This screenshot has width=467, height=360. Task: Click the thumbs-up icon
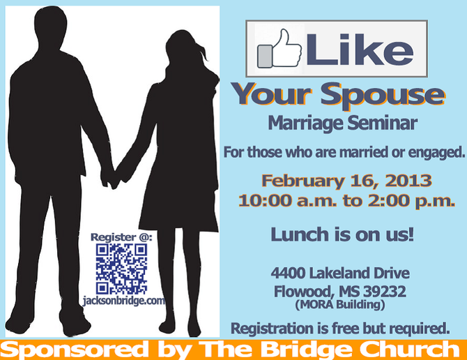pos(279,49)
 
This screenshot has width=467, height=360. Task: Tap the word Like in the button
pos(360,50)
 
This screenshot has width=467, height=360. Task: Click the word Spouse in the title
pos(383,95)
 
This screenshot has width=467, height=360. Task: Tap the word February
pos(303,181)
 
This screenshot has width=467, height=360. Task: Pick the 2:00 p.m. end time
pos(411,201)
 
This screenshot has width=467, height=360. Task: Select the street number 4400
pos(288,273)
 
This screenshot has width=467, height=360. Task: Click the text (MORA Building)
pos(340,305)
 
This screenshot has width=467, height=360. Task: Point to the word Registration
pos(272,328)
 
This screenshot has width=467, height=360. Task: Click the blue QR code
pos(121,269)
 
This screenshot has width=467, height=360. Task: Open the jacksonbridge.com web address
pos(124,301)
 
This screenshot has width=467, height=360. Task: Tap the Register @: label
pos(121,237)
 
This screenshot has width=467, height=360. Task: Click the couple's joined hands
pos(111,178)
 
